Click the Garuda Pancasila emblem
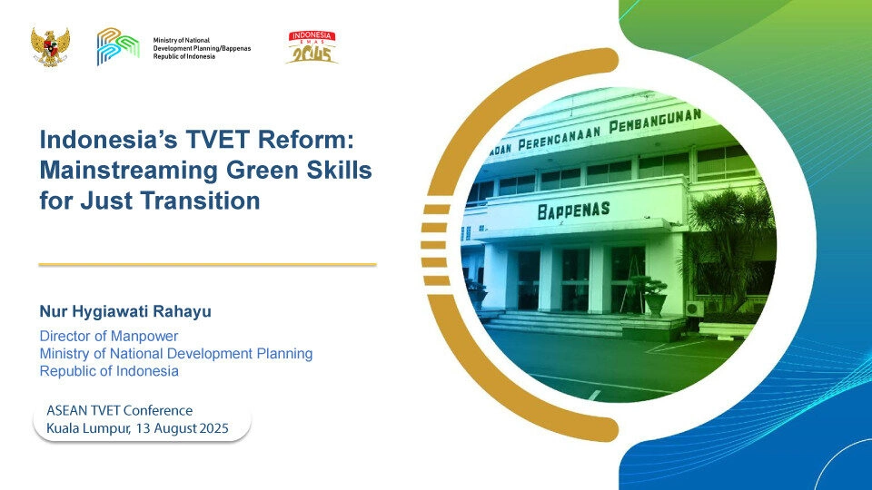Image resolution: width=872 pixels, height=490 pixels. point(50,47)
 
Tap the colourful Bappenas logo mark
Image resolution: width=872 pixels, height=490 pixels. point(117,46)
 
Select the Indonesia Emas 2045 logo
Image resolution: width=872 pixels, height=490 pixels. point(312,47)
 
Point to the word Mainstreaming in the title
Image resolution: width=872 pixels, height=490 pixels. point(128,171)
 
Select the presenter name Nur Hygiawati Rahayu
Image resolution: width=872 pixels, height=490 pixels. point(125,311)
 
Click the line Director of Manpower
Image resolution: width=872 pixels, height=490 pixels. point(108,336)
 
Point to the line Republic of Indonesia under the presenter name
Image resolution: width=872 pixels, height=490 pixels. point(109,371)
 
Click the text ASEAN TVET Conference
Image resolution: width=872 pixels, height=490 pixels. point(120,410)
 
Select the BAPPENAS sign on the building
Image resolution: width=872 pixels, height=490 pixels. point(573,211)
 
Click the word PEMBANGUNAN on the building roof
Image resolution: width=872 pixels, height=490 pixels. point(655,121)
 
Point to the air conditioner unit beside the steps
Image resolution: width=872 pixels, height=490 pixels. point(694,309)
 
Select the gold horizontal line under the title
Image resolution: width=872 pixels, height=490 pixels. point(207,264)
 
